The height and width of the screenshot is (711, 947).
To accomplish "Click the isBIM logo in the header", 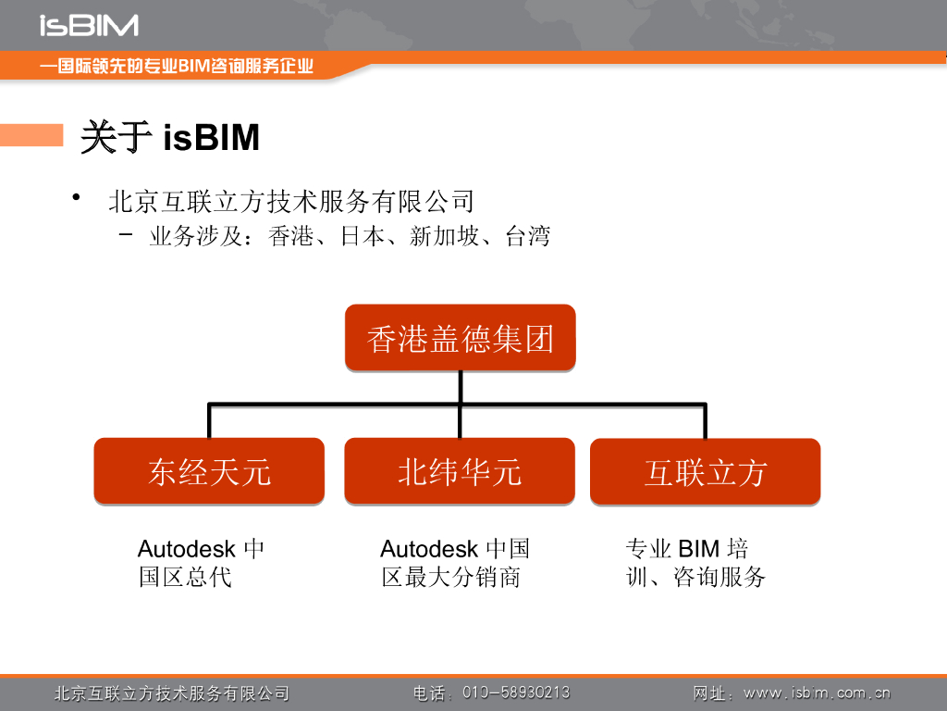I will (x=89, y=25).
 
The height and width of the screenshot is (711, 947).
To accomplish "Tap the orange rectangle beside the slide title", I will (x=31, y=135).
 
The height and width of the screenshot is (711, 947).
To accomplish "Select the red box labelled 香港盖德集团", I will (x=460, y=338).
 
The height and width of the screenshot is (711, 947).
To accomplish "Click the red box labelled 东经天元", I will (x=209, y=471).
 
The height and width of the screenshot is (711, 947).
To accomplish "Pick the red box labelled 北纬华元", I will (x=460, y=471).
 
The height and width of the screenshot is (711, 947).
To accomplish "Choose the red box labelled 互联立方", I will (x=705, y=472).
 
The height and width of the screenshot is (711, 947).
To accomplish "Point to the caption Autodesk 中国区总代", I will (x=201, y=563).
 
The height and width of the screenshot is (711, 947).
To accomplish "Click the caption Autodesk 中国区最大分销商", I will (x=454, y=563).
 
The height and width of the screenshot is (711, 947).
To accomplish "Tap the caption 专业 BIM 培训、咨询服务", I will (x=695, y=563).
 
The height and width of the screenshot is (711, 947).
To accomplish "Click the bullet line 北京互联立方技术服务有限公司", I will (x=290, y=201).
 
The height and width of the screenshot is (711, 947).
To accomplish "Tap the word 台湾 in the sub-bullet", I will (x=528, y=237).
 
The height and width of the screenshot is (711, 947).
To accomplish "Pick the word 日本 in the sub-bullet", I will (x=362, y=237).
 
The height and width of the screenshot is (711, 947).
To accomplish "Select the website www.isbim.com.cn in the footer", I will (x=817, y=692).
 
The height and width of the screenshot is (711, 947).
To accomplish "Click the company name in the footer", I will (x=172, y=692).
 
